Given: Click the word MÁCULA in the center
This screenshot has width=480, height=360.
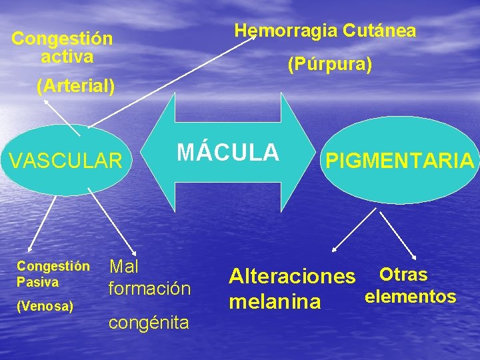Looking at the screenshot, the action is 227,152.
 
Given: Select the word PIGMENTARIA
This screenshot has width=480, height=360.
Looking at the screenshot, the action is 399,161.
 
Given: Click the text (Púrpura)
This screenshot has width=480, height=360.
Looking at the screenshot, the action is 329,65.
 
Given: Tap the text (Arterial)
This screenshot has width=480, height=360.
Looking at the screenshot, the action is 76,86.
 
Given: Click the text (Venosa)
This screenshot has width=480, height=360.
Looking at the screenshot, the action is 45,306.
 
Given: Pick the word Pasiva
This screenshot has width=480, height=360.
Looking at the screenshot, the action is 38,282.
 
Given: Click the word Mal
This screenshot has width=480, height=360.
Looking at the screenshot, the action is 123,267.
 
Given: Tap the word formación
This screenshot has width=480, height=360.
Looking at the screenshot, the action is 149,289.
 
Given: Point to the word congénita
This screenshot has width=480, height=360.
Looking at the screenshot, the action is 148,323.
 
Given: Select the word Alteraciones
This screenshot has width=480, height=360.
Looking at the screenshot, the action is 292,275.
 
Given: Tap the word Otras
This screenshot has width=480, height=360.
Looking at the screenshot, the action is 403,274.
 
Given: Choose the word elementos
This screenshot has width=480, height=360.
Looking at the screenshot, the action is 410,296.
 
